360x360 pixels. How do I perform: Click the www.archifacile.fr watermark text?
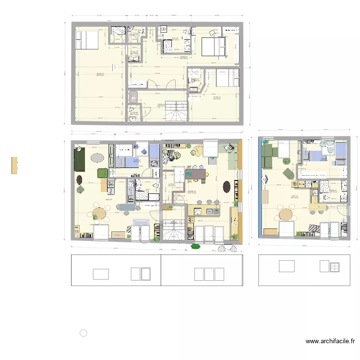point(330,342)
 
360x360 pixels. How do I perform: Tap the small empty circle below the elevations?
point(84,333)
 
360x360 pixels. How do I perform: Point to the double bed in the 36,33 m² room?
point(87,39)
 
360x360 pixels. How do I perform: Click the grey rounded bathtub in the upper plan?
point(133,96)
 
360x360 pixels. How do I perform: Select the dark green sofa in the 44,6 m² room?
point(79,159)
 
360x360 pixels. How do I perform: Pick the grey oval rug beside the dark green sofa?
point(97,157)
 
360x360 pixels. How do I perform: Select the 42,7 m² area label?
point(294,196)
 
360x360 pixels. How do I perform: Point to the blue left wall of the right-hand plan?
point(260,187)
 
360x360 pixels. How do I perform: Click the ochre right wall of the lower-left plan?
point(241,190)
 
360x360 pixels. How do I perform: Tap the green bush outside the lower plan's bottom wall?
point(195,246)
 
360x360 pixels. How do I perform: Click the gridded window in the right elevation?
point(335,267)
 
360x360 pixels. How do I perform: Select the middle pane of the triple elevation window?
point(209,274)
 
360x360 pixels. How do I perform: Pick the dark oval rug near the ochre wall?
point(226,186)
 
